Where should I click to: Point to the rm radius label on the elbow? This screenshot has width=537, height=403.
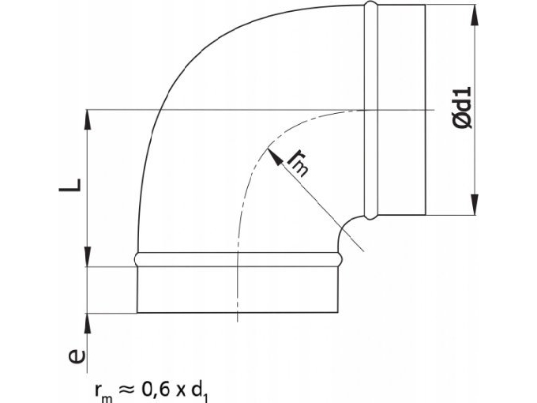pyautogui.click(x=299, y=162)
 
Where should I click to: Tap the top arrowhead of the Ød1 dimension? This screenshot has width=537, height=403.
pyautogui.click(x=474, y=11)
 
